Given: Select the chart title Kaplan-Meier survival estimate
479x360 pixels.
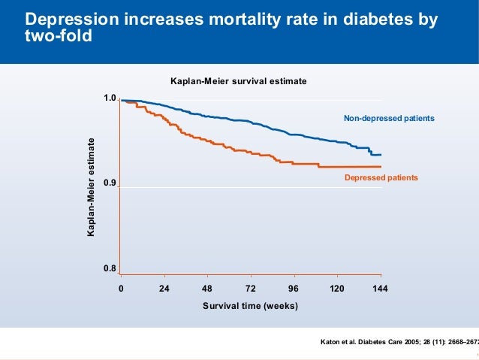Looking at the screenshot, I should click(239, 80).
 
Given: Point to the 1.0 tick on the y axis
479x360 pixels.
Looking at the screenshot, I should click(110, 99).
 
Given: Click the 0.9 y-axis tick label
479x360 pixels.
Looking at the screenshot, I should click(110, 183).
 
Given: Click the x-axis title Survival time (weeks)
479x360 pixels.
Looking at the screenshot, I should click(250, 306).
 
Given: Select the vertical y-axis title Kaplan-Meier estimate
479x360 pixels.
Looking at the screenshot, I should click(92, 188).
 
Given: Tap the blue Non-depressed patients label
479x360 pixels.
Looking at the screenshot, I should click(389, 118).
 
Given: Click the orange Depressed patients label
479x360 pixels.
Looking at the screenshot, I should click(381, 177).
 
